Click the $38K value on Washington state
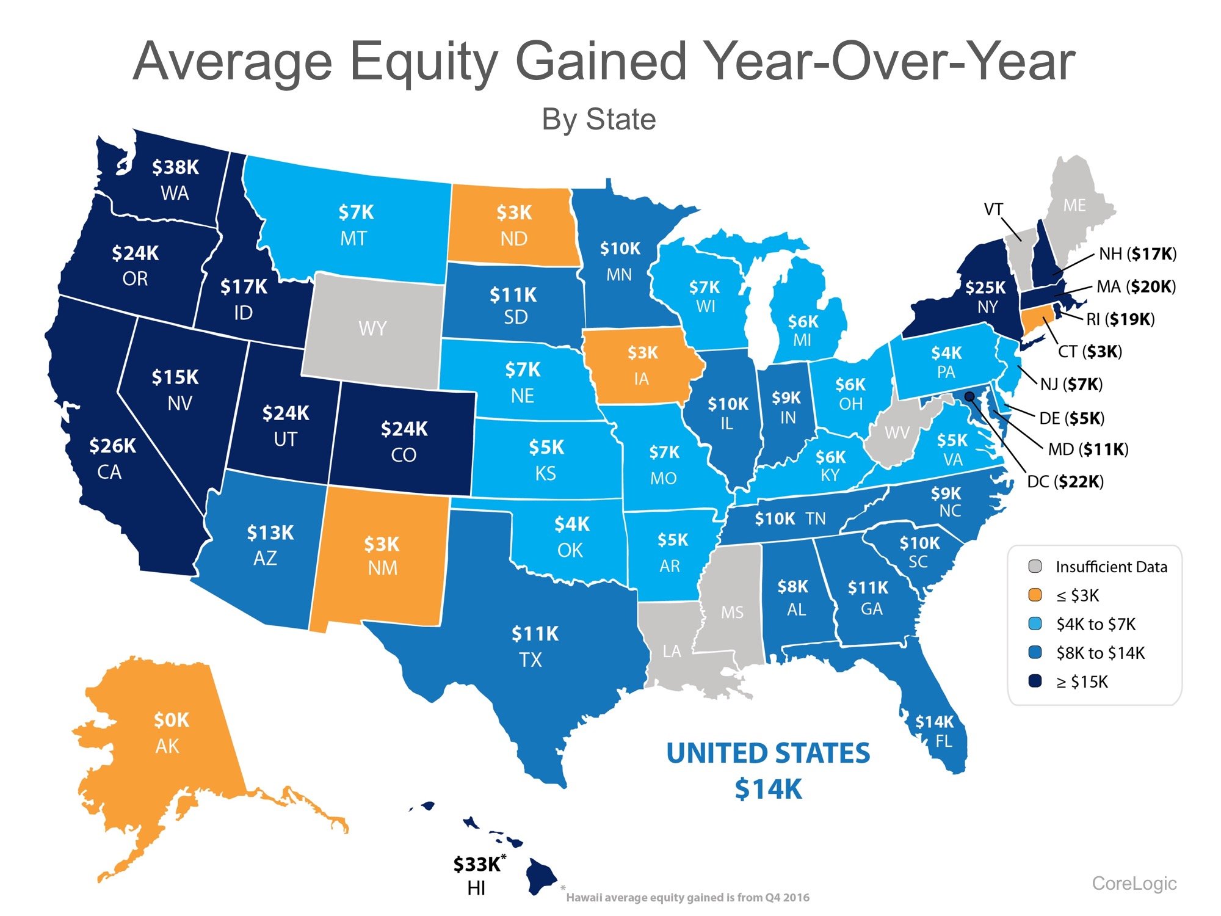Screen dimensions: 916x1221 coord(175,167)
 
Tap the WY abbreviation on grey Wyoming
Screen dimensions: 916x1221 coord(372,329)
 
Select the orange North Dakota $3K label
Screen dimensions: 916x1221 coord(514,213)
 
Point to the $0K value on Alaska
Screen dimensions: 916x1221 coord(171,720)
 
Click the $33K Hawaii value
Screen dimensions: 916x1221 coord(477,864)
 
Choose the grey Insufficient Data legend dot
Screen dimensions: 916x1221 coord(1035,566)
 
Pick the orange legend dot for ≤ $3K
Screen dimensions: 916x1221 coord(1035,595)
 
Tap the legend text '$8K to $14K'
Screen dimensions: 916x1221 coord(1100,653)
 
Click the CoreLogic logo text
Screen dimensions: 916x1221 coord(1134,883)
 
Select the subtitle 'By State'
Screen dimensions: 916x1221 coord(598,120)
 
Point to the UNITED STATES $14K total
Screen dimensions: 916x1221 coord(768,771)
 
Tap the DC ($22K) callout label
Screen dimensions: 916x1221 coord(1065,482)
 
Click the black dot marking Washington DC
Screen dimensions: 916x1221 coord(969,396)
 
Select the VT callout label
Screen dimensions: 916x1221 coord(993,209)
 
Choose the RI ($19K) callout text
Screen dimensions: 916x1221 coord(1120,319)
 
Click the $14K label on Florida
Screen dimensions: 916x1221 coord(934,722)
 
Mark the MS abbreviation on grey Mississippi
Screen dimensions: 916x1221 coord(732,612)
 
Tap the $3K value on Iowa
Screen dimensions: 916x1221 coord(643,352)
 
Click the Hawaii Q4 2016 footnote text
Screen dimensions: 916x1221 coord(687,897)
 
